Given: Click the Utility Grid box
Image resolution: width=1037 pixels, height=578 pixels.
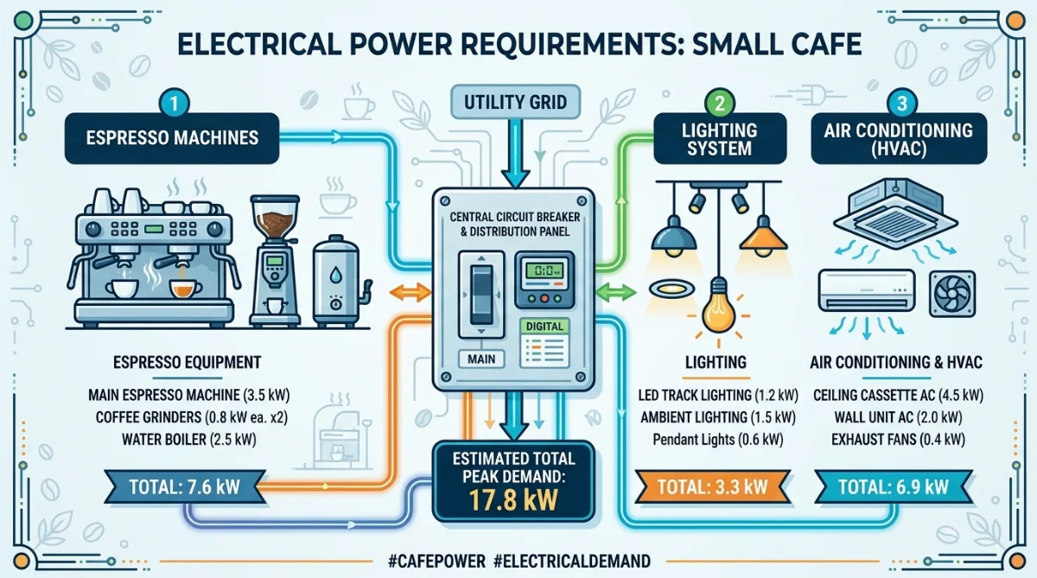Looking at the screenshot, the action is (x=515, y=102).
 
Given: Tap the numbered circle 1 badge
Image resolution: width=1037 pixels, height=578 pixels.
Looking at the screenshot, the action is (x=174, y=103).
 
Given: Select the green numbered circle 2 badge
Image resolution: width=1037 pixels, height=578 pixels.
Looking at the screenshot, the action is (x=719, y=103).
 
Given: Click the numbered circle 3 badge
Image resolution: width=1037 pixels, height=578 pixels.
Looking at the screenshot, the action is (x=901, y=103).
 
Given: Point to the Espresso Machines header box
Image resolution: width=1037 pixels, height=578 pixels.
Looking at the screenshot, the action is (x=172, y=138).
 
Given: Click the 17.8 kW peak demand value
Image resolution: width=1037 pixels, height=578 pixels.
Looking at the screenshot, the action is (x=513, y=499).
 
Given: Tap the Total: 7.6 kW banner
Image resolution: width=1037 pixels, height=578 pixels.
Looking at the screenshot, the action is (x=185, y=486).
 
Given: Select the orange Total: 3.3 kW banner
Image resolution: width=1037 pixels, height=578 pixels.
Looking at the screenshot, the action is (x=713, y=486).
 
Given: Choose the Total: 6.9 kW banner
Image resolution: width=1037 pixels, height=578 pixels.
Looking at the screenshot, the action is (x=894, y=486).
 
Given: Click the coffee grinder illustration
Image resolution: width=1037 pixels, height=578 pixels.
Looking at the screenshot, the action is (x=275, y=261).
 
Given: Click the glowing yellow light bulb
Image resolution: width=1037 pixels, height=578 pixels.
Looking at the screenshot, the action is (x=718, y=307).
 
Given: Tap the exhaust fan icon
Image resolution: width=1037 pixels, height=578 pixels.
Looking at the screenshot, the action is (x=952, y=295).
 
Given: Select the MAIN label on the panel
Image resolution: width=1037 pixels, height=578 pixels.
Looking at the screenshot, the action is (x=481, y=359).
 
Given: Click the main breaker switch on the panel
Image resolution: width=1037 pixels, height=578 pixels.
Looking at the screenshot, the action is (x=481, y=295).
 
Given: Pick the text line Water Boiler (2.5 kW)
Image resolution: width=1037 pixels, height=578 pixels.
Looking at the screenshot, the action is (x=189, y=439).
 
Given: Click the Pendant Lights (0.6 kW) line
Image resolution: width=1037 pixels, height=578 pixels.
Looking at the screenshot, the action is (x=718, y=439).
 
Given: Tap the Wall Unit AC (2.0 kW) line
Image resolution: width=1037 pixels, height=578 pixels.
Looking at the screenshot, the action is (x=898, y=417).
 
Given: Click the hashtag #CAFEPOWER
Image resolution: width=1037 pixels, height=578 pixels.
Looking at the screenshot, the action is (x=436, y=562).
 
